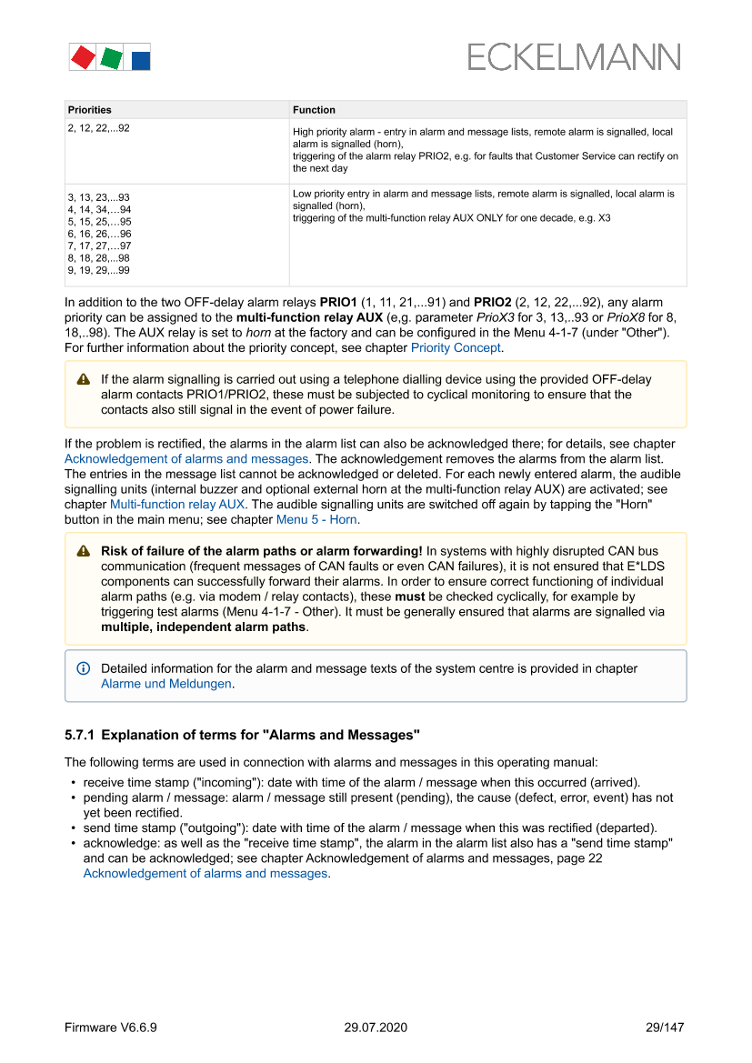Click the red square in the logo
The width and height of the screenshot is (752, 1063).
tap(83, 58)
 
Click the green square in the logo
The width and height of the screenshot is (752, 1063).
tap(112, 59)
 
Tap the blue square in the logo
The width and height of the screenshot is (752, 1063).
tap(140, 61)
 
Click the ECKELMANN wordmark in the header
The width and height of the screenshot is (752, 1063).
tap(573, 57)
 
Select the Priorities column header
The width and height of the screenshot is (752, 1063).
tap(90, 110)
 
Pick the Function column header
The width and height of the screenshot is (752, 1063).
tap(314, 110)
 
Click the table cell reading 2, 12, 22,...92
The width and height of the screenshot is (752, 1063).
tap(98, 128)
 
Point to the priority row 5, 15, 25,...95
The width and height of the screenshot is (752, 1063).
tap(99, 222)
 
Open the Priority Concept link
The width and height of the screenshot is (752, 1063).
tap(456, 347)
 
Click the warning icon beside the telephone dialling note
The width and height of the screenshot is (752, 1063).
tap(84, 379)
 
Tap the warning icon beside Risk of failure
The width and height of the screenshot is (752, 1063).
tap(84, 551)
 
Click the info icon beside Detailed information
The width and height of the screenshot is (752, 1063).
tap(84, 668)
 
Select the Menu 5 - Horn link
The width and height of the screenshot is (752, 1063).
tap(317, 519)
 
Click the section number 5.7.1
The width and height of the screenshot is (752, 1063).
tap(84, 734)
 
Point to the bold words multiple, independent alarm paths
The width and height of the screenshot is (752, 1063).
tap(204, 627)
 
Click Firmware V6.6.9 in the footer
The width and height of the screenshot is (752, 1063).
tap(111, 1028)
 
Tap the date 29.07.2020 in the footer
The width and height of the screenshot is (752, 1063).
tap(376, 1028)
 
